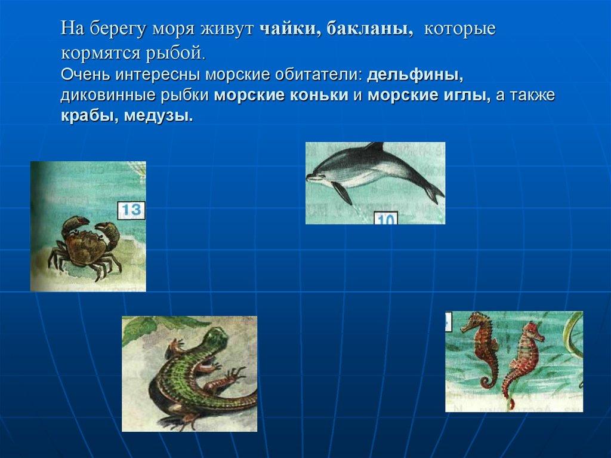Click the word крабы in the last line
tap(90, 115)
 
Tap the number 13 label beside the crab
tap(131, 210)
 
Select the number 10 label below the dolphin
tap(386, 218)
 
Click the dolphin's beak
tap(311, 177)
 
